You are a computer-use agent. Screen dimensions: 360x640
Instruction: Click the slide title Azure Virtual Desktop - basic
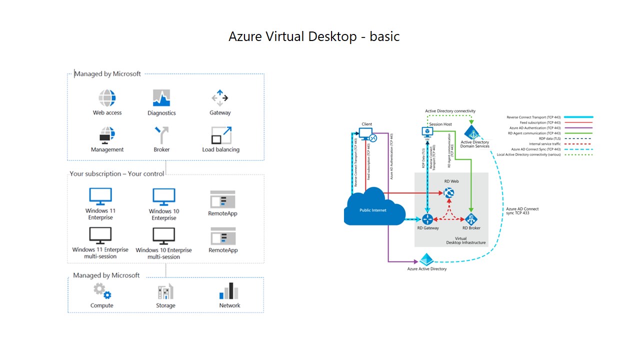click(314, 36)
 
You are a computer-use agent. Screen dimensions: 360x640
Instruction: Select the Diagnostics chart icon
click(161, 97)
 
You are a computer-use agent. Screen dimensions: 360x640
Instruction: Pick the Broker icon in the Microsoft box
click(161, 135)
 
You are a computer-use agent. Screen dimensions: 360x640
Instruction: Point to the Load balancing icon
click(221, 135)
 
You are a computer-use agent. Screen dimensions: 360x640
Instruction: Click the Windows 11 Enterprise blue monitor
click(100, 196)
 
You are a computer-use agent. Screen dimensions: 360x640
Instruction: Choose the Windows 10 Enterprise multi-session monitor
click(163, 236)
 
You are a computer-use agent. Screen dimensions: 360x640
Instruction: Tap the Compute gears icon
click(102, 291)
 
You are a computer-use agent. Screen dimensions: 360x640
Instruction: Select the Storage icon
click(165, 291)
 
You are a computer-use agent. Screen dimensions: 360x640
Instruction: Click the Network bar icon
click(229, 291)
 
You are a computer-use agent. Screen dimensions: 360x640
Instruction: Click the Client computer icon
click(367, 134)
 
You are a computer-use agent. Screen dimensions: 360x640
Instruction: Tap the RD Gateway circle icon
click(427, 219)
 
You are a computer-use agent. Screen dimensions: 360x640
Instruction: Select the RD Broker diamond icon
click(470, 219)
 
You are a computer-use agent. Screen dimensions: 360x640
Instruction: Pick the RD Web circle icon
click(449, 192)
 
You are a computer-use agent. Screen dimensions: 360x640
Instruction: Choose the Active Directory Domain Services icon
click(472, 132)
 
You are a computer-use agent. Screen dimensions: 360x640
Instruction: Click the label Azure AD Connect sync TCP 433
click(522, 211)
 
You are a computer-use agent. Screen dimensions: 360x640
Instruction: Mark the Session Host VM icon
click(427, 131)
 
